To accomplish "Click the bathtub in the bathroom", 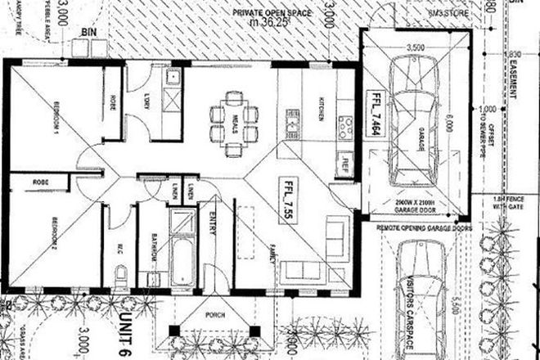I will click(182, 245).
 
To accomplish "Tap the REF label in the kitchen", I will click(345, 162).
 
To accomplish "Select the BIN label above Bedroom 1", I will click(88, 31).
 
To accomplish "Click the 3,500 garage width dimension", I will click(415, 48).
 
